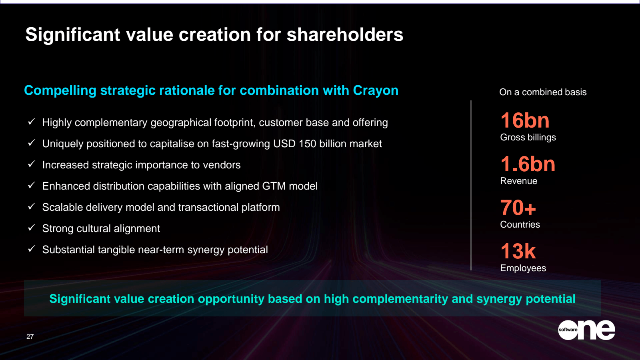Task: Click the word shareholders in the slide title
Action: pos(345,35)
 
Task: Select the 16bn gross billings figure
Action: pos(525,120)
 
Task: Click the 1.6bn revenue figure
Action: pos(528,164)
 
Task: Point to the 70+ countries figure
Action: pos(518,208)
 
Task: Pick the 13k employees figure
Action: pos(518,251)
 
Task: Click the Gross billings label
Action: pos(528,137)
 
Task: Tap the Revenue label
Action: pos(518,181)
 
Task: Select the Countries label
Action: pos(520,224)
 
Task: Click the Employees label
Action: pos(523,268)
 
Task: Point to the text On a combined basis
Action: pos(543,92)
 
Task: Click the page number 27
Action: pos(30,336)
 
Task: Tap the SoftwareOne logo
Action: pos(586,330)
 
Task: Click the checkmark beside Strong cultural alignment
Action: pos(32,228)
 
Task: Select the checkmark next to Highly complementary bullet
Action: pos(32,122)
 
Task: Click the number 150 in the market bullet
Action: pos(307,144)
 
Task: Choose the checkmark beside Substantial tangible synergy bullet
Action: pos(32,249)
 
